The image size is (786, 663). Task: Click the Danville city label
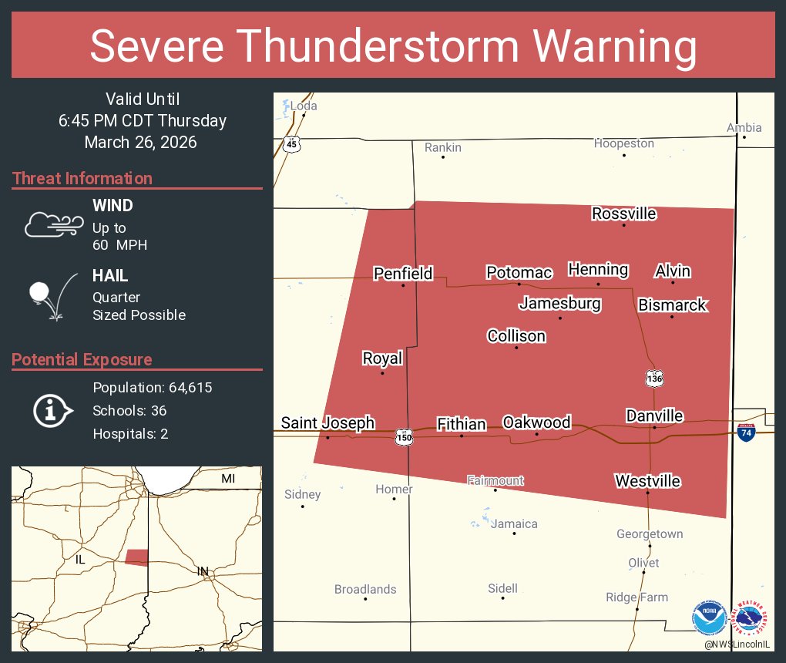pyautogui.click(x=654, y=416)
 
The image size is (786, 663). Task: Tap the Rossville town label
pyautogui.click(x=624, y=214)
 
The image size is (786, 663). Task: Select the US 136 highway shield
pyautogui.click(x=654, y=378)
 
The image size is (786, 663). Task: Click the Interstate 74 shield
pyautogui.click(x=745, y=432)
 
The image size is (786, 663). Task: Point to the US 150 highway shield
pyautogui.click(x=404, y=436)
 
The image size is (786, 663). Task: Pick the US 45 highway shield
pyautogui.click(x=291, y=144)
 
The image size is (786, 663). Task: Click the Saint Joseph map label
pyautogui.click(x=327, y=422)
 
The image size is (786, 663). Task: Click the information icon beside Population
pyautogui.click(x=52, y=411)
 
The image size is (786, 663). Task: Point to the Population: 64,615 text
pyautogui.click(x=152, y=388)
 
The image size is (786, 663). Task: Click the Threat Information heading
pyautogui.click(x=82, y=179)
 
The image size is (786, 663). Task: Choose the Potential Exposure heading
pyautogui.click(x=82, y=360)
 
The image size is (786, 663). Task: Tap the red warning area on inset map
pyautogui.click(x=136, y=557)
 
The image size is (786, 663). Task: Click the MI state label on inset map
pyautogui.click(x=228, y=480)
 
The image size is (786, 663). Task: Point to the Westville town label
pyautogui.click(x=647, y=481)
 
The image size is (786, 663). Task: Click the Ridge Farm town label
pyautogui.click(x=637, y=597)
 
